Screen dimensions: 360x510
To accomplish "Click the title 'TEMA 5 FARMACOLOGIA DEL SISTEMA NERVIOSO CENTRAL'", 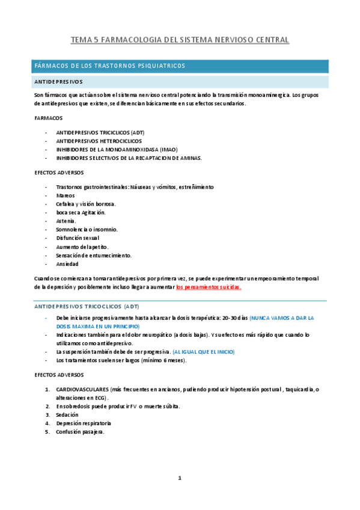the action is point(180,40).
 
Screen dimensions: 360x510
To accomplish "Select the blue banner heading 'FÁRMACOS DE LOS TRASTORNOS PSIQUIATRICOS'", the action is point(109,66).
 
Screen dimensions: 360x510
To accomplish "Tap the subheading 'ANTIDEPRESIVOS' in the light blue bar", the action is point(59,82).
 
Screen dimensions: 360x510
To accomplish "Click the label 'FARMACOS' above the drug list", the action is point(49,118).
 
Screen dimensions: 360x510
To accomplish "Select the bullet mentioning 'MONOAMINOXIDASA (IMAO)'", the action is point(117,149).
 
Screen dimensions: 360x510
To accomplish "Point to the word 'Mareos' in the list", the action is point(66,195).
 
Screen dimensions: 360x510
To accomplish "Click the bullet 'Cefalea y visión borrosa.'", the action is point(85,204).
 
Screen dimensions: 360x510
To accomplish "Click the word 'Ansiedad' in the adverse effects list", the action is point(67,264).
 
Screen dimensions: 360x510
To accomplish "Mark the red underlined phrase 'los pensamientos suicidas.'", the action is point(209,287).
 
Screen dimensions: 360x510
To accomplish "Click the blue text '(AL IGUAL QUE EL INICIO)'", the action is point(203,351).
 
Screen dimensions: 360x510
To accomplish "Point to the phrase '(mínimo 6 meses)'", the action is point(163,360).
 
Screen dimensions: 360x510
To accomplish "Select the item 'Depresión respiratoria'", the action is point(84,423).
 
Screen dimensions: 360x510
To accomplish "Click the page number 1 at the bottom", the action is point(180,478).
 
